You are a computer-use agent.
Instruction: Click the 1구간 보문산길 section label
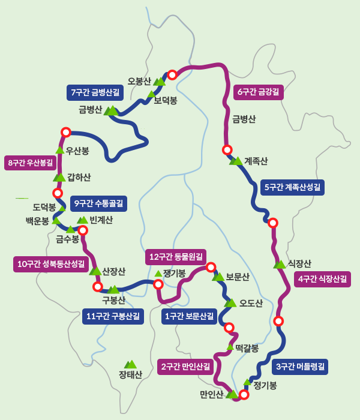(189, 316)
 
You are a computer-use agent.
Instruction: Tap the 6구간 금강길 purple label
(258, 92)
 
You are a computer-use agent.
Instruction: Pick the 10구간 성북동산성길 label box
(52, 264)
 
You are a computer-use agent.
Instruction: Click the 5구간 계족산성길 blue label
(293, 187)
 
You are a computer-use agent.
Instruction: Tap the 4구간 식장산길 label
(322, 279)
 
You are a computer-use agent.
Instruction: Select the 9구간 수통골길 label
(98, 204)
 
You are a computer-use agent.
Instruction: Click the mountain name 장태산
(130, 376)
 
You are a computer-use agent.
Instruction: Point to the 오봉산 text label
(139, 81)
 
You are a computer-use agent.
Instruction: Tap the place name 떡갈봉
(247, 348)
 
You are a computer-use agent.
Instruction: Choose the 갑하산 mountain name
(79, 177)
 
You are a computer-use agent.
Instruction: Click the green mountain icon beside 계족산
(236, 161)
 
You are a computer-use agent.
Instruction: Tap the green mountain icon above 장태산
(130, 364)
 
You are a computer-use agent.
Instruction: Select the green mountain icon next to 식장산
(280, 264)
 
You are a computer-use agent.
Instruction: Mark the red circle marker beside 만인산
(244, 394)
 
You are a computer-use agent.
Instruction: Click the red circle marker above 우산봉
(66, 132)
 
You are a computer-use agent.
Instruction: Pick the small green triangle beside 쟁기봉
(158, 274)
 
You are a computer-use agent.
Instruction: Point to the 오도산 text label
(251, 303)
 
